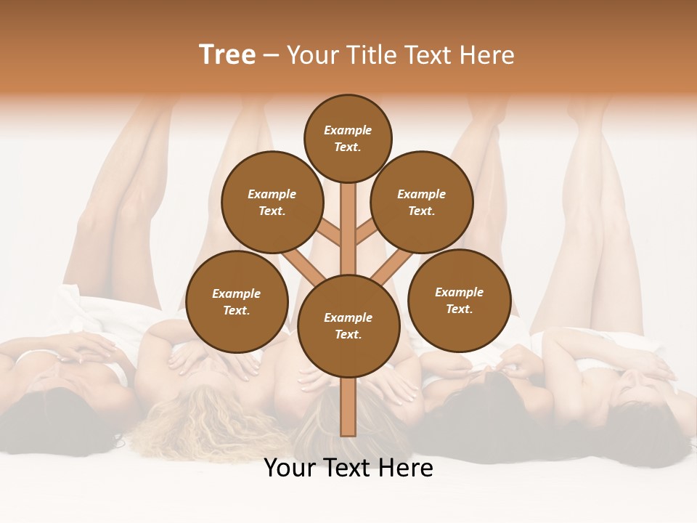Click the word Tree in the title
(227, 55)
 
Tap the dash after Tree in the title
(271, 56)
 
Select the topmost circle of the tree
(348, 138)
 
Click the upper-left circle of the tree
(272, 203)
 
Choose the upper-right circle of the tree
(422, 203)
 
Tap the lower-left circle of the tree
(237, 301)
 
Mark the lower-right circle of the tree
(459, 300)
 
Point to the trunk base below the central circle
(348, 407)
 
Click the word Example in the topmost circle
(348, 130)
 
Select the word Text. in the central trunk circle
(348, 334)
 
